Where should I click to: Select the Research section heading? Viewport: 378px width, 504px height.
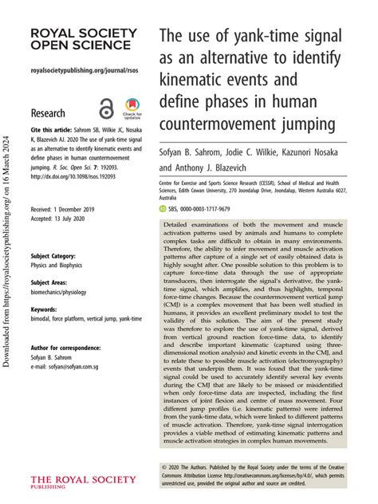pyautogui.click(x=49, y=112)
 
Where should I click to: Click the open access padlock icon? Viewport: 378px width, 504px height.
pyautogui.click(x=105, y=109)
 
